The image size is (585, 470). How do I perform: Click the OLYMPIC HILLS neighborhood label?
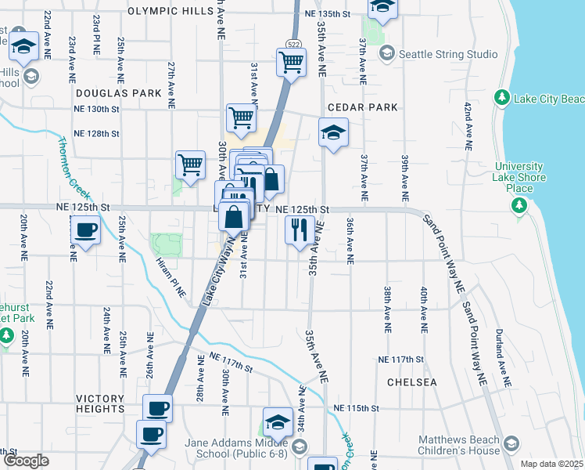click(x=170, y=12)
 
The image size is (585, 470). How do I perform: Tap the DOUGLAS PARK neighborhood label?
click(x=118, y=92)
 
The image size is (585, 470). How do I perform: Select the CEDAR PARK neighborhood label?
click(x=363, y=107)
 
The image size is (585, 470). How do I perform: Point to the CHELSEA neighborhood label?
click(x=411, y=382)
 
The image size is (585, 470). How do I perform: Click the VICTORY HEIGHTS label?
click(x=100, y=403)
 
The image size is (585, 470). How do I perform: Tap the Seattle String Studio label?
click(x=448, y=54)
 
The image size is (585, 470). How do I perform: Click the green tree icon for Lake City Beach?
click(x=501, y=99)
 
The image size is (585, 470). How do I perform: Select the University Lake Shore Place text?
click(x=519, y=177)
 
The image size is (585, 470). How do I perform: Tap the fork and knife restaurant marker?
click(x=300, y=230)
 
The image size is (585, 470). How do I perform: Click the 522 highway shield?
click(x=294, y=45)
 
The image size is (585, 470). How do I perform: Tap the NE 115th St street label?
click(x=356, y=408)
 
